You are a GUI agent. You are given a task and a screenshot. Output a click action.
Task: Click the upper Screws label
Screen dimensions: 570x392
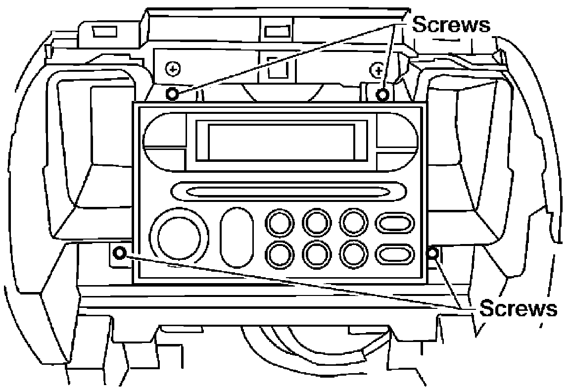click(451, 25)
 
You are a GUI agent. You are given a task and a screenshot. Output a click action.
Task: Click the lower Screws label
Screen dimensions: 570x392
click(518, 309)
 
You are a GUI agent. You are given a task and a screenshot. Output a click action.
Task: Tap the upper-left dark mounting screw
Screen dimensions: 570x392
click(172, 94)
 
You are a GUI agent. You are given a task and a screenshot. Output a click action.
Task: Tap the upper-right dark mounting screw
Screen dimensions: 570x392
click(382, 95)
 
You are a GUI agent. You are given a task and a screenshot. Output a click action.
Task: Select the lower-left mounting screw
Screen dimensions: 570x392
click(120, 253)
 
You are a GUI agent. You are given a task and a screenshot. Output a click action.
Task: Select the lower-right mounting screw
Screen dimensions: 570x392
click(432, 253)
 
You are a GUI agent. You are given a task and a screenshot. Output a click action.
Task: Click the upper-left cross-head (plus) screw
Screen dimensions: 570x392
click(173, 68)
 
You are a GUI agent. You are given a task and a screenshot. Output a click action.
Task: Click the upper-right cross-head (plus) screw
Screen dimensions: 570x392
click(377, 69)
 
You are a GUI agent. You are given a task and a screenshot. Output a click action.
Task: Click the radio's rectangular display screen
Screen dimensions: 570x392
click(281, 142)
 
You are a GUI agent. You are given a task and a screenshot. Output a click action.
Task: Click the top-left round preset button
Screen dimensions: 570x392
click(280, 222)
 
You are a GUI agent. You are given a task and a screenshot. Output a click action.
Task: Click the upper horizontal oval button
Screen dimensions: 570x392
click(395, 223)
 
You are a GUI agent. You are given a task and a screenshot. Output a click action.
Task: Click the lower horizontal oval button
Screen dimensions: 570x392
click(395, 254)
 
